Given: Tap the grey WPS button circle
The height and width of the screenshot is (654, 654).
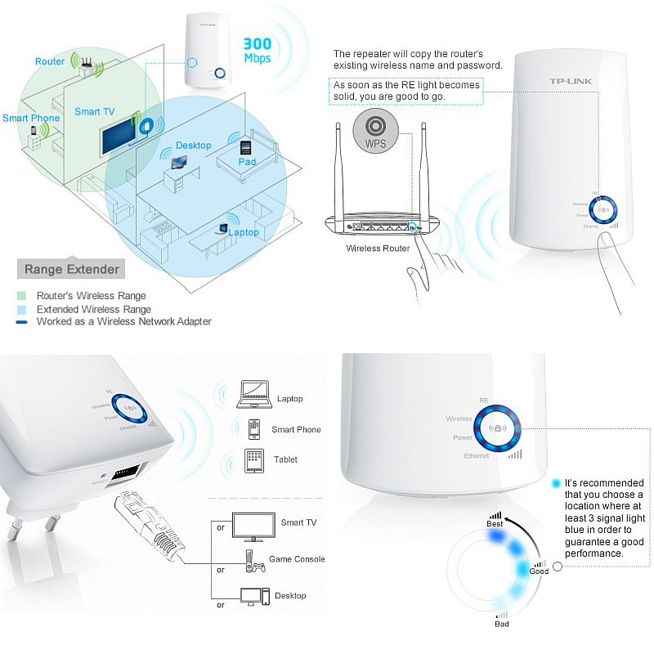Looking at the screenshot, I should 375,131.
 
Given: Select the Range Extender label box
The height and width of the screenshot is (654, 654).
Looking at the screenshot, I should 72,269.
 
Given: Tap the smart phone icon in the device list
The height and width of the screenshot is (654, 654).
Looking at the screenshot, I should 253,428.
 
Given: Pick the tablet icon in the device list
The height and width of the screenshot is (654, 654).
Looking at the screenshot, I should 253,459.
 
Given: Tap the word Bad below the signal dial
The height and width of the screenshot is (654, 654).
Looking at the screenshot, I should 501,624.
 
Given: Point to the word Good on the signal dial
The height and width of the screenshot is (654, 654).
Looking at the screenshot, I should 539,571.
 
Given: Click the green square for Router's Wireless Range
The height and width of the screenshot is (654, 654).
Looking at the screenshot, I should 21,296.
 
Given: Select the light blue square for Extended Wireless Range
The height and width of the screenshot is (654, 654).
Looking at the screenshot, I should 21,310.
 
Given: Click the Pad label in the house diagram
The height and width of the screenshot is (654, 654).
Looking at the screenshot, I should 247,162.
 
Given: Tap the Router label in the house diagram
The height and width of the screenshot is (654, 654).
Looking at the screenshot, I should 50,61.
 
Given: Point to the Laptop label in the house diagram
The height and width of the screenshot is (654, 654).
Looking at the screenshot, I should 243,232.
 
